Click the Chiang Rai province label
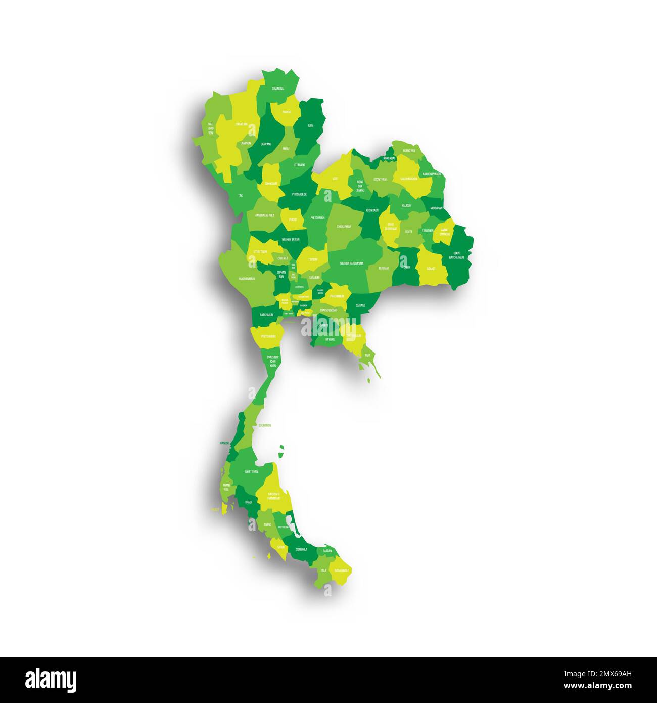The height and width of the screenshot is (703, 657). [277, 89]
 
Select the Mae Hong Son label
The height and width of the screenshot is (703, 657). [211, 128]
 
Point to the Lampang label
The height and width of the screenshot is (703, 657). [266, 144]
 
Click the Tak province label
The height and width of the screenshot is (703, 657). [240, 195]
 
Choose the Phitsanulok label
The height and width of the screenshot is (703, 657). [299, 194]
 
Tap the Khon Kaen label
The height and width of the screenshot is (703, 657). [372, 210]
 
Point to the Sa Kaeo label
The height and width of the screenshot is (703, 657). [360, 305]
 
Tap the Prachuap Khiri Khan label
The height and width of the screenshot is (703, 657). [273, 362]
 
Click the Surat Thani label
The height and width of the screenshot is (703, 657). [251, 471]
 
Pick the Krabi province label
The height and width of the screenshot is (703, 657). [248, 502]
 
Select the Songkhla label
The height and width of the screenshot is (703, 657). [302, 549]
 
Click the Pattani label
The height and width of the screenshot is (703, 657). [327, 550]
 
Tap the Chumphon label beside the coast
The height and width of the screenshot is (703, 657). [265, 425]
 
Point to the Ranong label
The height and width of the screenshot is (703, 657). [225, 443]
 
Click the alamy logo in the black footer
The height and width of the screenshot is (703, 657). [51, 680]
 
